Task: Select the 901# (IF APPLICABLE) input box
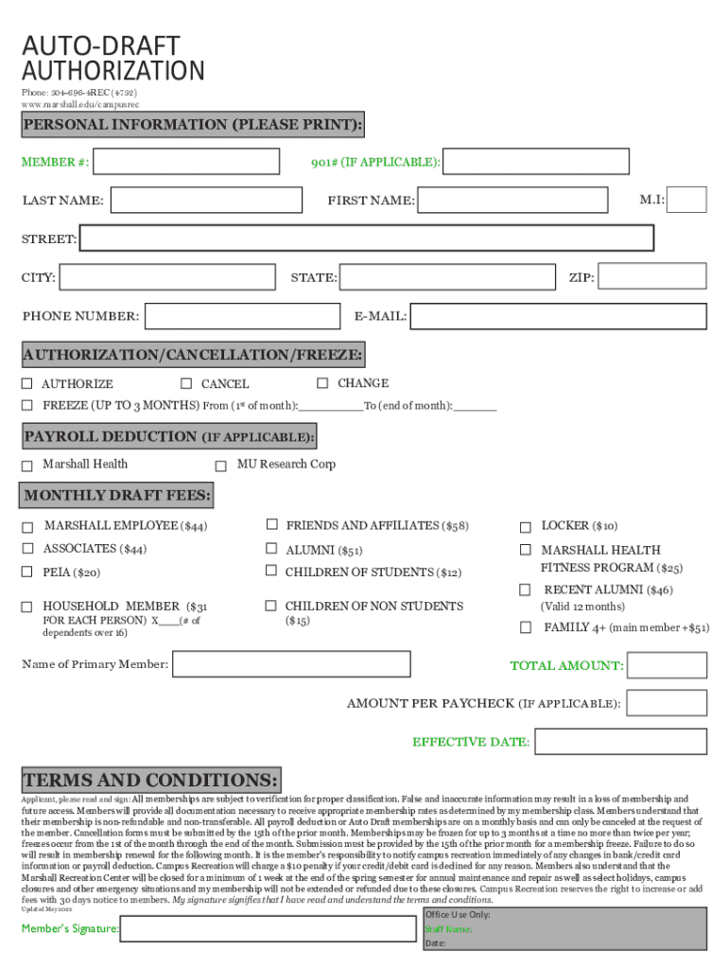(x=536, y=162)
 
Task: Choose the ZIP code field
(x=652, y=276)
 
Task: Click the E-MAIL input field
(x=558, y=316)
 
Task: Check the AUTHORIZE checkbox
(x=27, y=383)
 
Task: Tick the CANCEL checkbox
(x=186, y=383)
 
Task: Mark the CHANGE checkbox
(x=322, y=383)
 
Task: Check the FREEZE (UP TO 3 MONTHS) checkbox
(x=27, y=405)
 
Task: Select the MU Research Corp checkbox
(x=220, y=466)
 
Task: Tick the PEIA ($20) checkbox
(x=27, y=572)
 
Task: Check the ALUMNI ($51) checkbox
(x=271, y=549)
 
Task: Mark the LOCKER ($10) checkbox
(x=525, y=526)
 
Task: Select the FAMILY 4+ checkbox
(x=525, y=627)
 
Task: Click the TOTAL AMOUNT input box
(x=667, y=665)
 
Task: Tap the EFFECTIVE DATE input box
(x=621, y=741)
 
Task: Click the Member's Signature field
(x=269, y=928)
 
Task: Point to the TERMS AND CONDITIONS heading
(x=151, y=781)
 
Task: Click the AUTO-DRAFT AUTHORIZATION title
(x=113, y=58)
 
